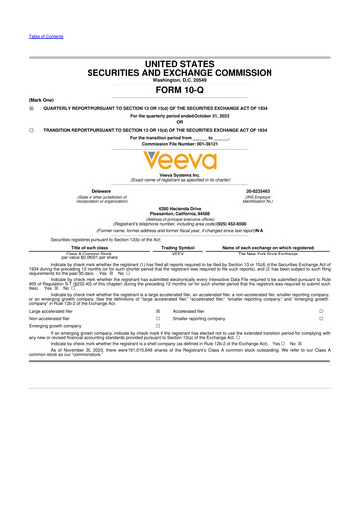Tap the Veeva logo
(179, 157)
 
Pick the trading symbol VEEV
(179, 254)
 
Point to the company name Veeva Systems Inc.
(180, 173)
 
